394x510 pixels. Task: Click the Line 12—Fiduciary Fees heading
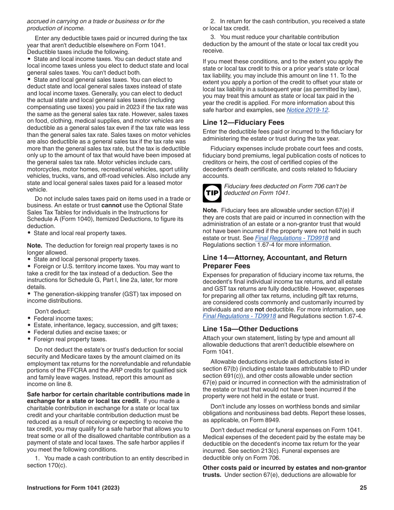(x=243, y=122)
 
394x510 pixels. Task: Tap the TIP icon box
(x=212, y=193)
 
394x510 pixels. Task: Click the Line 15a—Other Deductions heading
(x=250, y=329)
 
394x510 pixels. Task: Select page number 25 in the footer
(x=363, y=488)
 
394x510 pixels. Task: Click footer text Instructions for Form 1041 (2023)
(x=73, y=488)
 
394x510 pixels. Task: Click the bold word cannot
(x=112, y=205)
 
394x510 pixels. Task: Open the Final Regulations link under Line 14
(x=239, y=316)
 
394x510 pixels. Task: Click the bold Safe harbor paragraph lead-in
(x=108, y=398)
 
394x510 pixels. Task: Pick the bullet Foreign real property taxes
(x=70, y=339)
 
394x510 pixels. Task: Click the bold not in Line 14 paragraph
(x=259, y=309)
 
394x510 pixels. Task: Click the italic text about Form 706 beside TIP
(x=285, y=189)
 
